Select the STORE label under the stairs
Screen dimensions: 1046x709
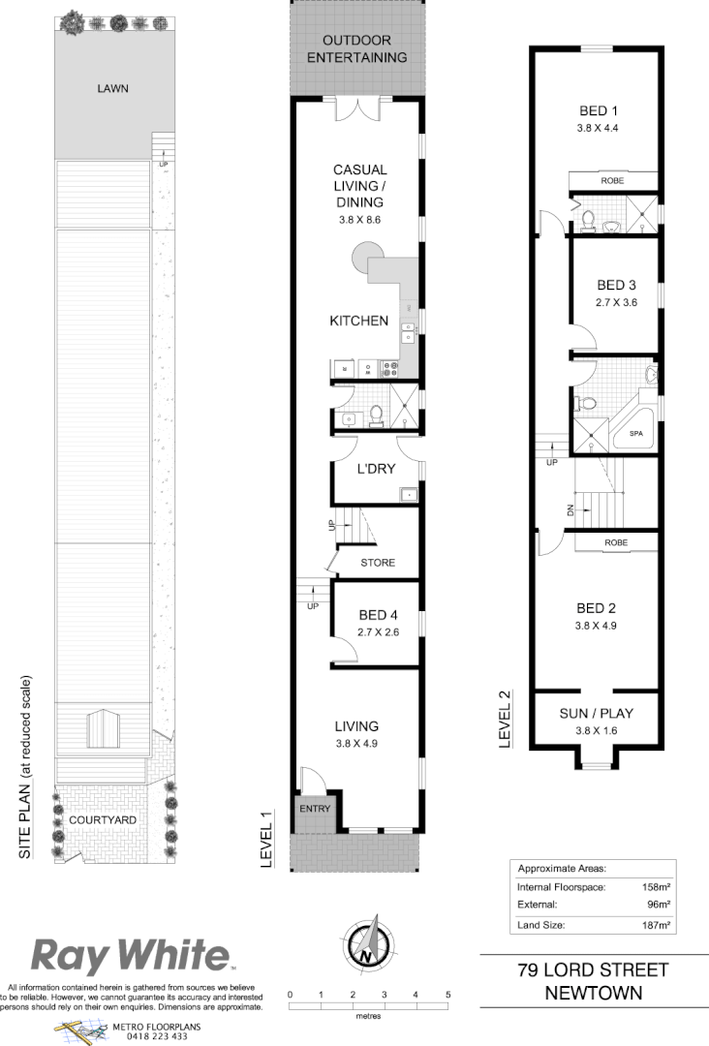[x=378, y=563]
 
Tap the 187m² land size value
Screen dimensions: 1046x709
[x=658, y=926]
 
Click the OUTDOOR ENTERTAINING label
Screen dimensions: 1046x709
[x=357, y=49]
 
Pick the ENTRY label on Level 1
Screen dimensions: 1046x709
[x=316, y=810]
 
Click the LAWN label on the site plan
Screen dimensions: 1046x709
[x=112, y=89]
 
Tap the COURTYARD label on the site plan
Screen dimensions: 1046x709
[x=103, y=819]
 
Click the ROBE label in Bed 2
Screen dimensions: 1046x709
[x=615, y=544]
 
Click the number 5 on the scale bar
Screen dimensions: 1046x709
[x=448, y=996]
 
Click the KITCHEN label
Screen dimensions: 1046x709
[x=359, y=322]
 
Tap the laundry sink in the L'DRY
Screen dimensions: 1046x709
[x=409, y=496]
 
